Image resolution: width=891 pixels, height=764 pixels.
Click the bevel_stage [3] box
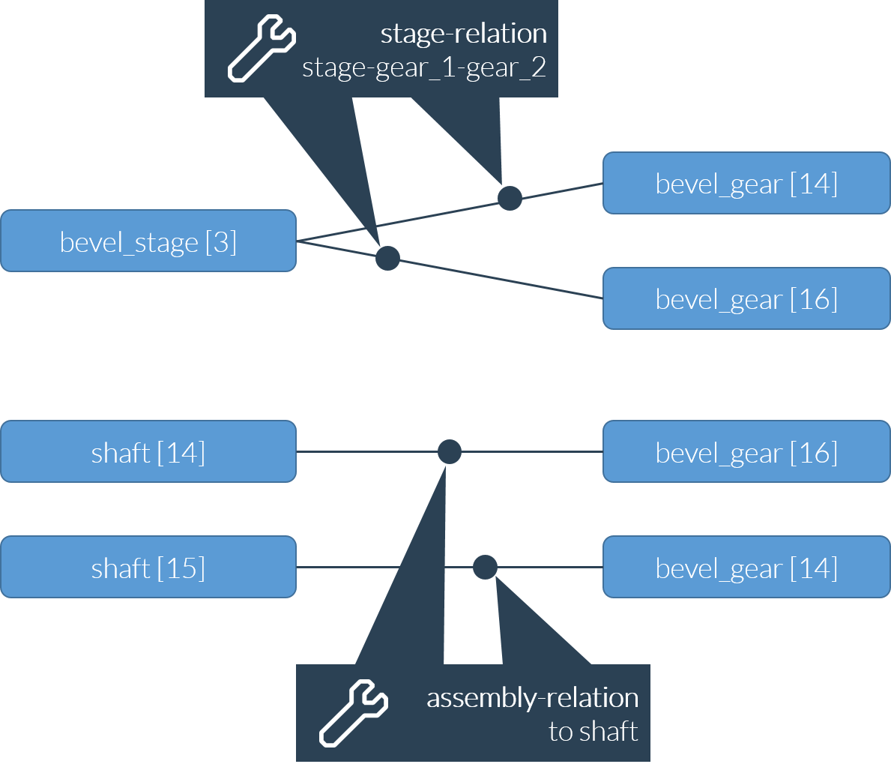coord(148,241)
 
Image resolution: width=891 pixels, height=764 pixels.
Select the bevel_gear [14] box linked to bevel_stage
coord(746,183)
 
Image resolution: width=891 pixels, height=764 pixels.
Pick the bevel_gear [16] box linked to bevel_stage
coord(746,298)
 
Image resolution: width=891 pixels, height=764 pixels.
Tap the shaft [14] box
coord(148,451)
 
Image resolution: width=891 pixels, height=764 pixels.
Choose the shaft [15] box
coord(148,567)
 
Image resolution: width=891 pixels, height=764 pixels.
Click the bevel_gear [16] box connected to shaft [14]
coord(746,451)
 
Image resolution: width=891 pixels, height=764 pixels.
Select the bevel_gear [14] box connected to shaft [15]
coord(746,567)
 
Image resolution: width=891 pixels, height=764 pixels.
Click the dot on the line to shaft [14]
coord(449,451)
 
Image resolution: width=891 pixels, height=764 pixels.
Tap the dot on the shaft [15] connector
coord(485,567)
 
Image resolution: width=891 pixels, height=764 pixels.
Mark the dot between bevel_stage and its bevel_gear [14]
coord(510,198)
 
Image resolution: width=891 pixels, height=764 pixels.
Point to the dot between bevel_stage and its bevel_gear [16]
coord(387,258)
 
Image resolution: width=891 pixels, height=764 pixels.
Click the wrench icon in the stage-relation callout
coord(262,49)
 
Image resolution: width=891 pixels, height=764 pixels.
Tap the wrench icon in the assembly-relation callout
coord(354,712)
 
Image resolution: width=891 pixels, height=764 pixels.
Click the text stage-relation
coord(463,34)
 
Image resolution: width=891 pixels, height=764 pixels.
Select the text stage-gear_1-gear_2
coord(423,68)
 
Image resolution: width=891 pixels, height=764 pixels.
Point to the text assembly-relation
coord(532,698)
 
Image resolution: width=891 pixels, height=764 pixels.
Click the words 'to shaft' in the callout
coord(593,731)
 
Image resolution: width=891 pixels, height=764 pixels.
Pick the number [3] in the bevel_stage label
coord(221,242)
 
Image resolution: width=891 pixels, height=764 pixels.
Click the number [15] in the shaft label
coord(181,568)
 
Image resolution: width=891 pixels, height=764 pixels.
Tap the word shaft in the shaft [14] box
coord(121,453)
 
